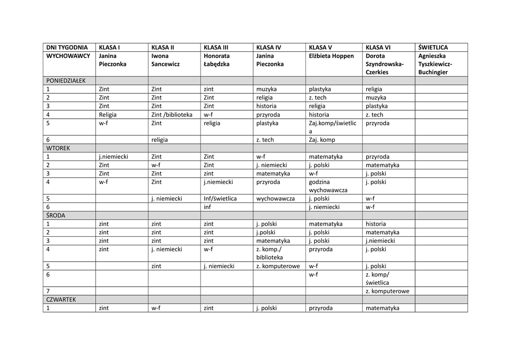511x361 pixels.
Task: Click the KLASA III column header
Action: pos(217,47)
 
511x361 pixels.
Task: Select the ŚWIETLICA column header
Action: pos(433,47)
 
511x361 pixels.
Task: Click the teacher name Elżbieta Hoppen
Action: pos(331,56)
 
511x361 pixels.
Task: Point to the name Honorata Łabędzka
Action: pos(217,60)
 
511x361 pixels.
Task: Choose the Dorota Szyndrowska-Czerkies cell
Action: pos(384,64)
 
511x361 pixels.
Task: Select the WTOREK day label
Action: pos(58,148)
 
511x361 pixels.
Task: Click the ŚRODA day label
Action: pos(56,215)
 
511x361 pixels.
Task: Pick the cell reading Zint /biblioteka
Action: pos(172,115)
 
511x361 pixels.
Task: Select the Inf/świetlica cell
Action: pos(220,198)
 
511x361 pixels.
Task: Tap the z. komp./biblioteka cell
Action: pos(269,253)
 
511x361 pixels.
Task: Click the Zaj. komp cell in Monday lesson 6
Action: pos(322,140)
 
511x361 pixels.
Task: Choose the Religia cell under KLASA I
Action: pos(108,115)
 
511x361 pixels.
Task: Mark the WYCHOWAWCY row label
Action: pos(68,56)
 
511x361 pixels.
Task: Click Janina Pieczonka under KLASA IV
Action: pos(269,60)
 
